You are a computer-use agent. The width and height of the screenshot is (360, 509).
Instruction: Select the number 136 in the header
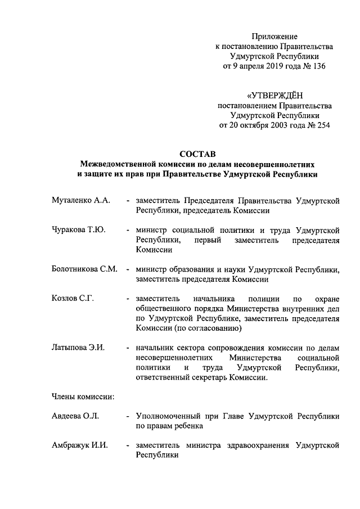click(319, 66)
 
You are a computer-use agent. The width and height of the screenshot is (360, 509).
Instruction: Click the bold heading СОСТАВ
click(196, 154)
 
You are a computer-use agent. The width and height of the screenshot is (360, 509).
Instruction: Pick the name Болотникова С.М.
click(84, 269)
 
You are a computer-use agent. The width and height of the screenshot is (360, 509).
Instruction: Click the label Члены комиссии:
click(83, 397)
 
